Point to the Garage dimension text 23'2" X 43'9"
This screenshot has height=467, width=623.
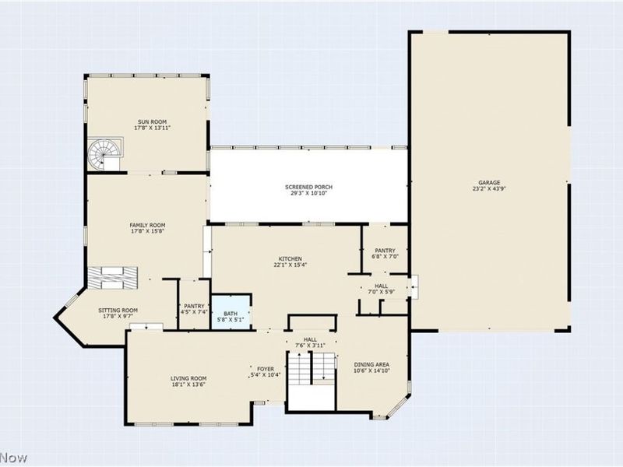[x=489, y=189]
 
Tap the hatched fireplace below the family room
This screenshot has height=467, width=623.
[x=112, y=278]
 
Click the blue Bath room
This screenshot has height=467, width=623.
[x=231, y=311]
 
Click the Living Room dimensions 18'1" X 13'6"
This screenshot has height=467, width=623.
[x=188, y=384]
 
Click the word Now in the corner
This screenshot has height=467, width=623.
[x=13, y=458]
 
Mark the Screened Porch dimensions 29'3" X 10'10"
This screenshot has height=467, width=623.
[x=308, y=193]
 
